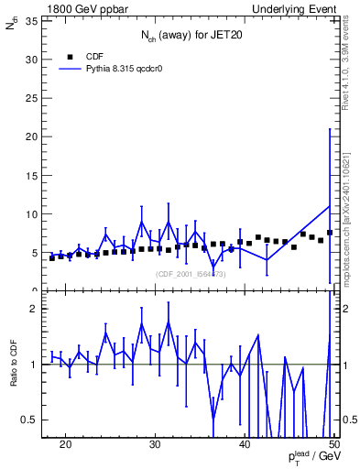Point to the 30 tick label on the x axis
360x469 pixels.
click(x=155, y=444)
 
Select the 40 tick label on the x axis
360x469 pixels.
click(x=245, y=444)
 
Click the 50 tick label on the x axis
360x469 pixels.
click(x=333, y=444)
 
